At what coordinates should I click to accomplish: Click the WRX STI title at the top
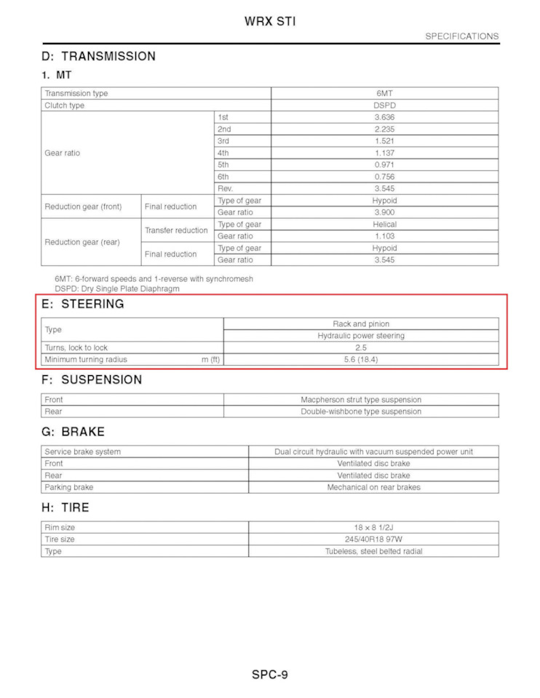270,21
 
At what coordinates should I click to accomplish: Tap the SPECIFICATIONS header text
461,36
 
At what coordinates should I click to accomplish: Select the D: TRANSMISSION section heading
99,56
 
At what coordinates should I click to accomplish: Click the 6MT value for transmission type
384,94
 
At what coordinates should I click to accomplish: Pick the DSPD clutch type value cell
384,105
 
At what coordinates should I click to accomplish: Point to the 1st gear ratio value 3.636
384,117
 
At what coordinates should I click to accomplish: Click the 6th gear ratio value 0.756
384,177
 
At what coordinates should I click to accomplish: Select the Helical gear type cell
384,224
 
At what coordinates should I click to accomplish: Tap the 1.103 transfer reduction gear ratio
384,236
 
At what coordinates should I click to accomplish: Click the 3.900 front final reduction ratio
384,212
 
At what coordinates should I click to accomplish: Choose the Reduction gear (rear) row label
82,242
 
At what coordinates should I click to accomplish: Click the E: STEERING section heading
83,304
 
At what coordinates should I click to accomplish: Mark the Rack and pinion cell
361,324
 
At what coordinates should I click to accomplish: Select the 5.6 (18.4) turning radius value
361,360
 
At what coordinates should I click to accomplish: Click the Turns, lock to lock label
76,348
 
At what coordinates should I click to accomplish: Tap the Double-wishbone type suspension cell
361,412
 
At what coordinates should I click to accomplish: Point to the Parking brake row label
68,487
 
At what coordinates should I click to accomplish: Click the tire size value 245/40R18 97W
373,539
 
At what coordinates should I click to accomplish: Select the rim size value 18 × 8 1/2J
373,527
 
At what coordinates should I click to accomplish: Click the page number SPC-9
270,674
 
